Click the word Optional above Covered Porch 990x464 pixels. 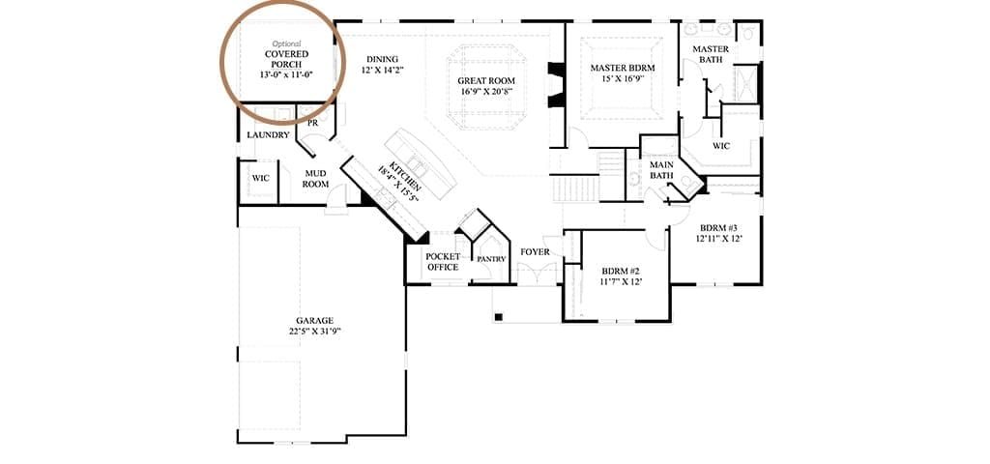286,44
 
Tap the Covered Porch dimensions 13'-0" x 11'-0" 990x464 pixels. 286,74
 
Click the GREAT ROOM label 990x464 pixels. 486,81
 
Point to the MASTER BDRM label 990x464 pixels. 623,68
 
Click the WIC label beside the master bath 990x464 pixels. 721,146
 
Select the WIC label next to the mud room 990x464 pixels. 261,178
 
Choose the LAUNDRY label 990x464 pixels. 269,135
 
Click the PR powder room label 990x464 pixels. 312,124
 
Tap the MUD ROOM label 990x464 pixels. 315,179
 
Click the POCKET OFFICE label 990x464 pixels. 443,262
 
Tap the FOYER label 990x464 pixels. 535,252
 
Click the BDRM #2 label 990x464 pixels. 622,271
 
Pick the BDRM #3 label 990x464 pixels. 719,228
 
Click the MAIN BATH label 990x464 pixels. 661,170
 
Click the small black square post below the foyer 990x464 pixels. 498,316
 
